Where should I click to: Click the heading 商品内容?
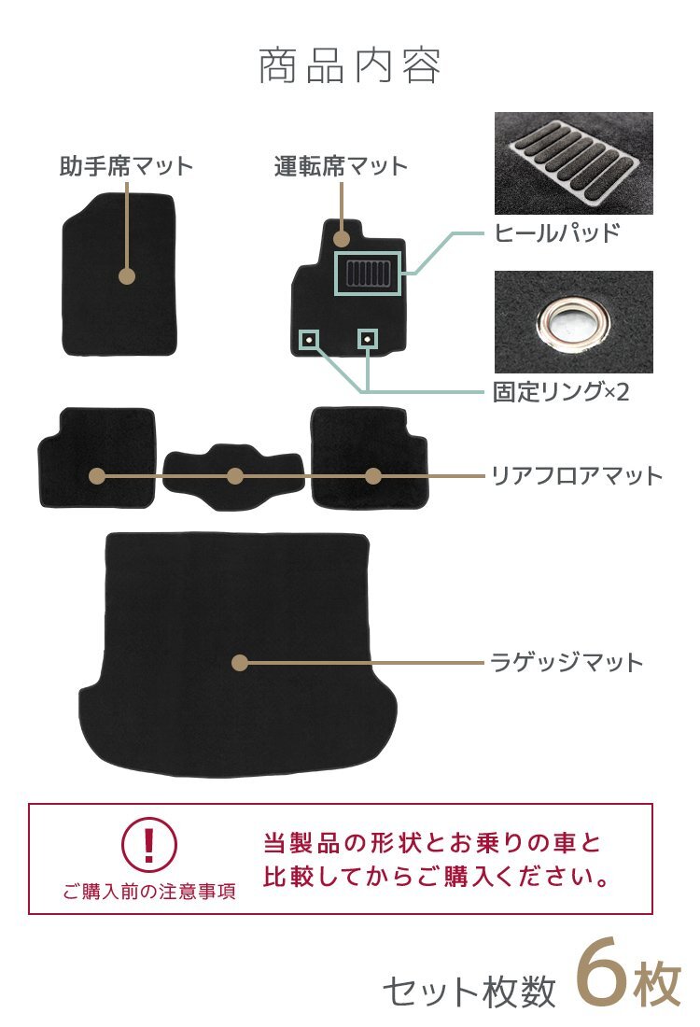[349, 66]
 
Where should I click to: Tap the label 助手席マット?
[126, 167]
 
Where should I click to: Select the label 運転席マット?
[342, 167]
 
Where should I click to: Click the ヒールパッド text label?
[557, 233]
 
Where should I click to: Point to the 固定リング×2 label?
[561, 392]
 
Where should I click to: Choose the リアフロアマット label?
[577, 476]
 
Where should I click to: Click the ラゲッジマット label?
[567, 663]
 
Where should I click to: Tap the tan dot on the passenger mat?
[127, 276]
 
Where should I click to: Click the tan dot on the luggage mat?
[240, 663]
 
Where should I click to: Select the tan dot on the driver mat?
[342, 227]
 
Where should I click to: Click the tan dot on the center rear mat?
[235, 476]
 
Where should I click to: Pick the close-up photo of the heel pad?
[573, 163]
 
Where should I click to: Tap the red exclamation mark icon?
[148, 843]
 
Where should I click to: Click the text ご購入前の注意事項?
[149, 892]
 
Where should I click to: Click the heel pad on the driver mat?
[369, 274]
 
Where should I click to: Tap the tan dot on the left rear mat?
[97, 476]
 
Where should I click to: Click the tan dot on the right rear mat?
[373, 476]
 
